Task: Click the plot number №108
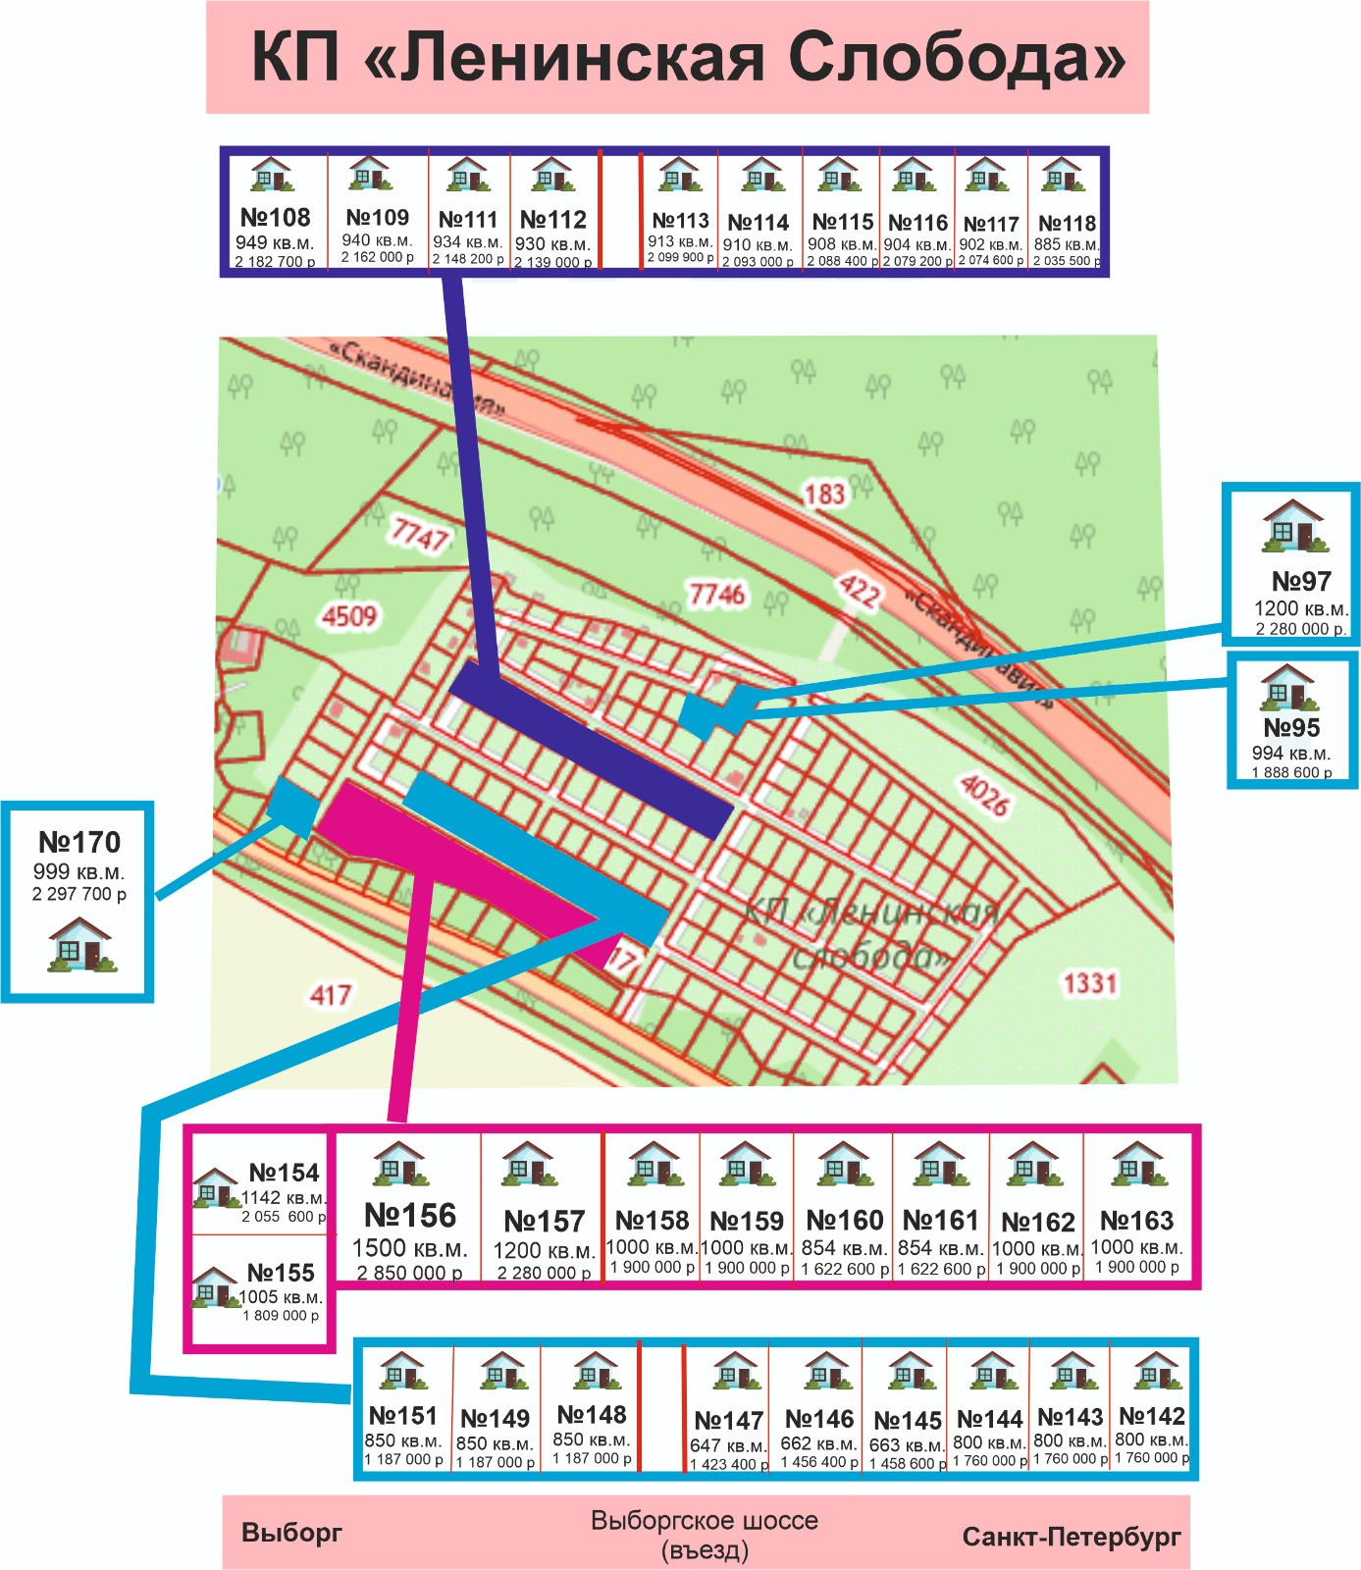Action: click(275, 217)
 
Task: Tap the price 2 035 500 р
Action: click(1066, 261)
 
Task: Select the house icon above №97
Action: click(1292, 526)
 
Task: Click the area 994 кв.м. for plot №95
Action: click(1290, 754)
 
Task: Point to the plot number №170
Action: click(79, 842)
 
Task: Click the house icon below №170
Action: click(80, 945)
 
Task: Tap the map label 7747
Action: click(419, 535)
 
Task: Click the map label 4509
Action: click(349, 616)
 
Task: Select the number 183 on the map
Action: click(823, 493)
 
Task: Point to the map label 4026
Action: click(983, 795)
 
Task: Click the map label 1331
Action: click(1090, 982)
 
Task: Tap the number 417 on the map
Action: click(331, 995)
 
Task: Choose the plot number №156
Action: click(410, 1216)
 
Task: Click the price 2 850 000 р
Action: click(409, 1273)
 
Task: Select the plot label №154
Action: click(284, 1173)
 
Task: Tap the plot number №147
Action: click(728, 1421)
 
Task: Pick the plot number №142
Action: click(1152, 1416)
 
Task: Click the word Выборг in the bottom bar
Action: click(291, 1533)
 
